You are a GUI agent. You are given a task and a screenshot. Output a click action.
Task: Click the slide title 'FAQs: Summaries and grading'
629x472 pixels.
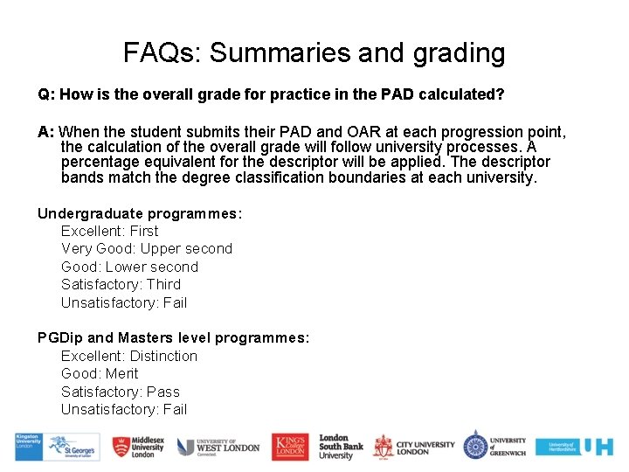point(314,52)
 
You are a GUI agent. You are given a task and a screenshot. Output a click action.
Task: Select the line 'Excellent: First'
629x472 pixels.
point(109,231)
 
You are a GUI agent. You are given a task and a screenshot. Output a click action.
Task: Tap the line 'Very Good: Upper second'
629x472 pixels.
point(146,248)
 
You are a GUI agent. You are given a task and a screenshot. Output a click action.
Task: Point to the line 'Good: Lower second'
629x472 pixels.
point(129,267)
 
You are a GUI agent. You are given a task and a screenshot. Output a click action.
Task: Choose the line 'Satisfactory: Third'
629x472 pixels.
point(121,284)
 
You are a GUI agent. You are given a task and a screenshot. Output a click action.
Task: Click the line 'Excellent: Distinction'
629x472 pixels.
point(128,356)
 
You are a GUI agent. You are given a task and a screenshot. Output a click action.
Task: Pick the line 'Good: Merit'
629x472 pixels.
point(99,373)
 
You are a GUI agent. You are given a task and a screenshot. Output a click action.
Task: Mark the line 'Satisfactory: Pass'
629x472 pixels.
point(120,392)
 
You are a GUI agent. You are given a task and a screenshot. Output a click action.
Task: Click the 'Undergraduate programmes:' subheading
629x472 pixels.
point(140,213)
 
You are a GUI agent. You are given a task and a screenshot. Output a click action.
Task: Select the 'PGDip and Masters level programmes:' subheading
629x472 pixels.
point(173,337)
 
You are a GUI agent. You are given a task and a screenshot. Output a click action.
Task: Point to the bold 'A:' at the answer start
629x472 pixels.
point(45,133)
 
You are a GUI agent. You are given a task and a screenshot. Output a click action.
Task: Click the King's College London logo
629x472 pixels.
point(289,447)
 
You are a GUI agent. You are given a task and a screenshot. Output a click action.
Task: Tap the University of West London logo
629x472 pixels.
point(218,447)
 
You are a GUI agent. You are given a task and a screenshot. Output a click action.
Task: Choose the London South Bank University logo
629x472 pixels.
point(340,447)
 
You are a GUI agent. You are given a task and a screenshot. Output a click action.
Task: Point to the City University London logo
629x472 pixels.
point(413,447)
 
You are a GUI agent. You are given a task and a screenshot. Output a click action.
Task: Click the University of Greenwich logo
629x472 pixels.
point(494,446)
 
